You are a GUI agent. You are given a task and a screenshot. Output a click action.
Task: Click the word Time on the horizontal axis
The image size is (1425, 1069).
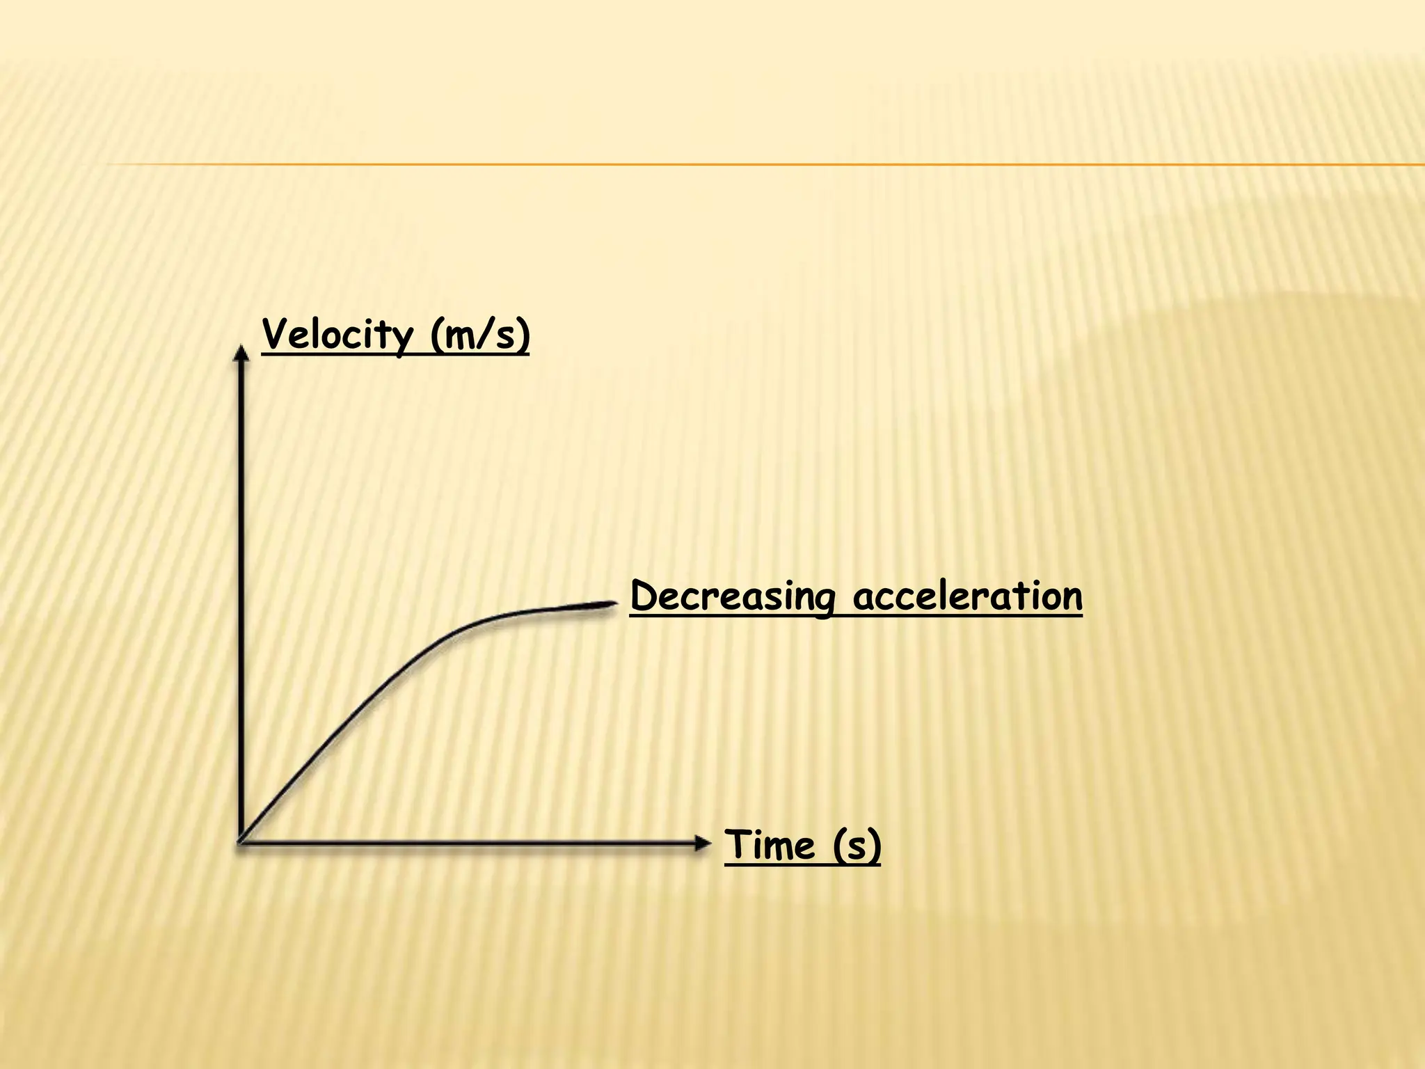click(770, 846)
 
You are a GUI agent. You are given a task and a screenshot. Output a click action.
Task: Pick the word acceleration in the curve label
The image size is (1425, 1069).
click(967, 597)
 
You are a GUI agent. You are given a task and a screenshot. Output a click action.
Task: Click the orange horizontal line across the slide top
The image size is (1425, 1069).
click(765, 165)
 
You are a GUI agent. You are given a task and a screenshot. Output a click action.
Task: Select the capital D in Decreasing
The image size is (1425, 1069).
click(644, 596)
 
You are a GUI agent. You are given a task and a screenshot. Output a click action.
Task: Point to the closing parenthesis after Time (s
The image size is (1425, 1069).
click(875, 847)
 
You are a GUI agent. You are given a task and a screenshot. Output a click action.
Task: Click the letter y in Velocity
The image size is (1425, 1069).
click(401, 340)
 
